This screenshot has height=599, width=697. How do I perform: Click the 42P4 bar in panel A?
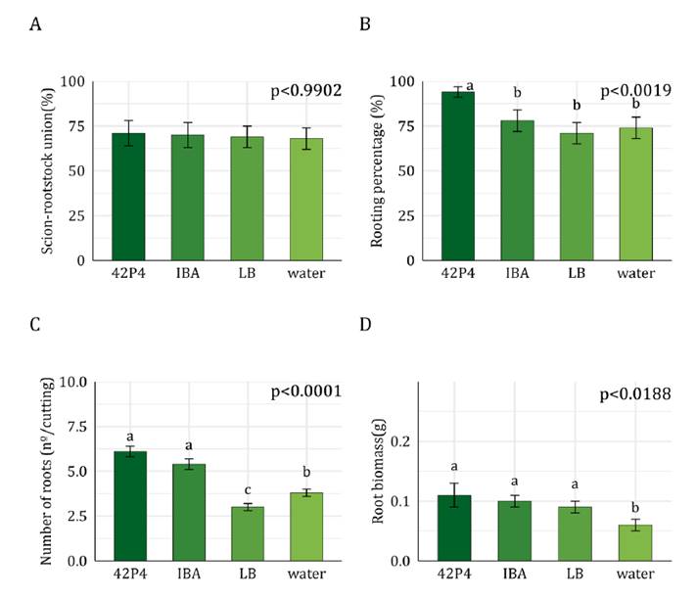click(x=128, y=197)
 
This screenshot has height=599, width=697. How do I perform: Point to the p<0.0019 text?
click(x=635, y=92)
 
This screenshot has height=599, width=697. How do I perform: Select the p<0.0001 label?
click(x=305, y=392)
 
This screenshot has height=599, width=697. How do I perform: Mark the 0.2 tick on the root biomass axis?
click(x=403, y=441)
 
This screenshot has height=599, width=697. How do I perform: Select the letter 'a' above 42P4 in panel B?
click(x=470, y=86)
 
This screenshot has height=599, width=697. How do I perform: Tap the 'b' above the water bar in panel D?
click(x=635, y=507)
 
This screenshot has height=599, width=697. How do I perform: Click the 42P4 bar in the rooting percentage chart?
click(x=458, y=176)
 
